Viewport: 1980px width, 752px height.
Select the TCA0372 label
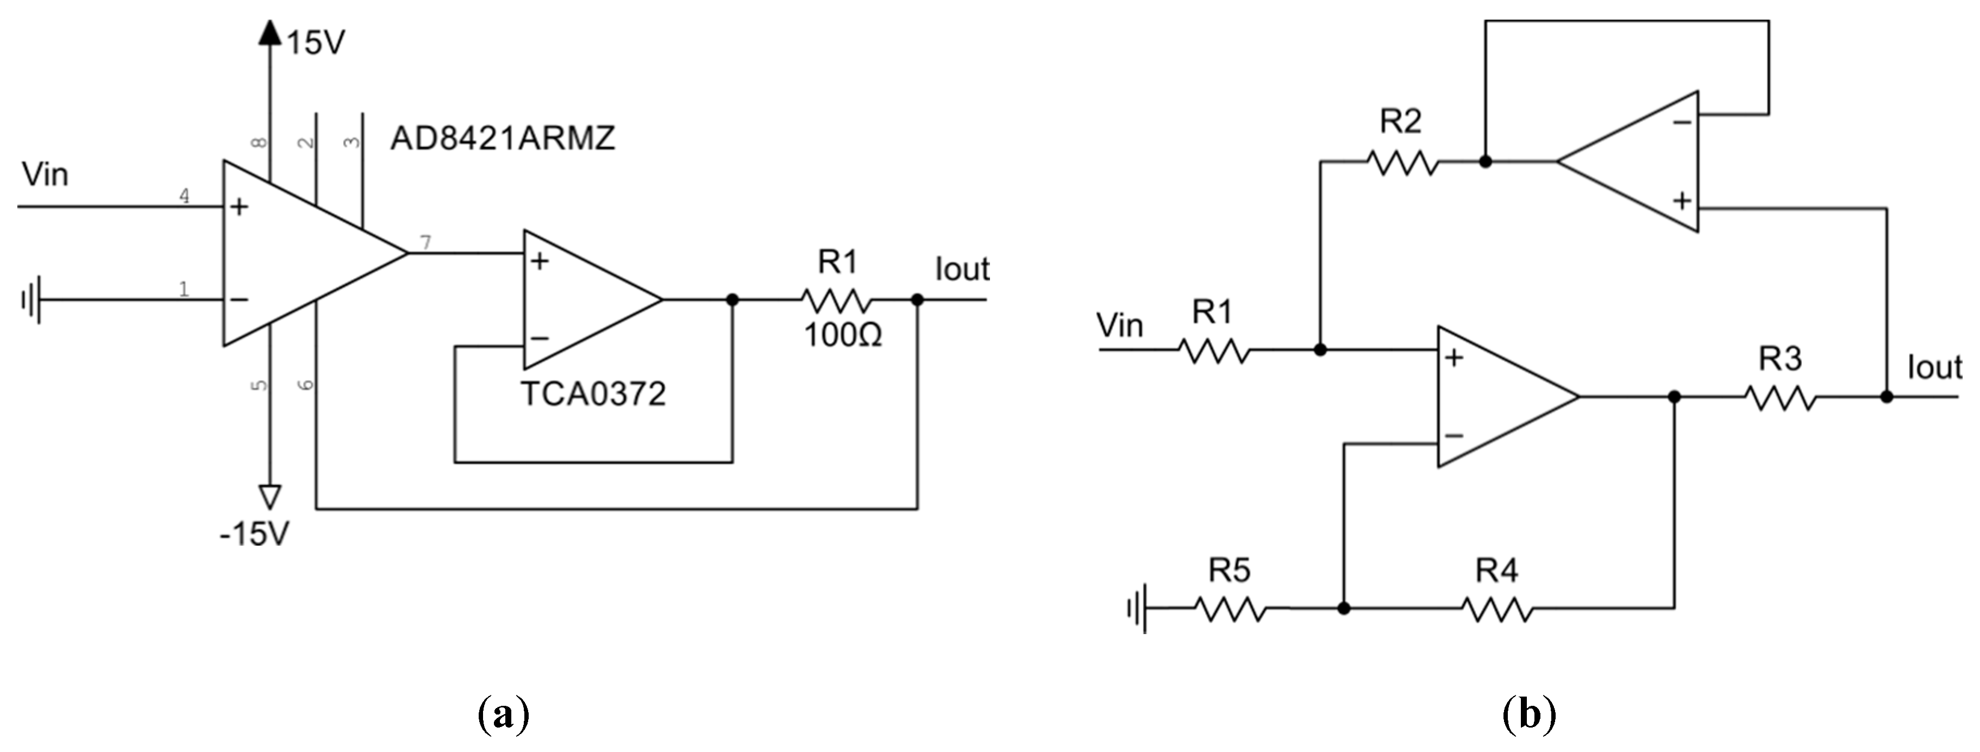tap(593, 394)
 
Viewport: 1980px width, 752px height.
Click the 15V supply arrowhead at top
tap(269, 32)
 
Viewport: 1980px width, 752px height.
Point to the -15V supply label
tap(254, 533)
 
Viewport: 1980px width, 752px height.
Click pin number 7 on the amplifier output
tap(426, 243)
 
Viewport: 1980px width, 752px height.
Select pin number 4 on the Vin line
tap(185, 196)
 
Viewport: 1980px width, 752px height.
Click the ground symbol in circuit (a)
tap(31, 300)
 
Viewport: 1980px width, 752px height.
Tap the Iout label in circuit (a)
tap(962, 269)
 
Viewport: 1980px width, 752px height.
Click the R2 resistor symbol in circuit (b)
tap(1402, 162)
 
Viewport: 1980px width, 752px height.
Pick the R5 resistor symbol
tap(1230, 609)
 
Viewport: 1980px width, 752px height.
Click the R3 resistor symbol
tap(1780, 398)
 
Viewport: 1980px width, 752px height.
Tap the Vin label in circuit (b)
tap(1120, 325)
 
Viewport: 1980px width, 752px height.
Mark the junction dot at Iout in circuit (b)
tap(1886, 397)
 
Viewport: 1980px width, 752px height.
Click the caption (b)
tap(1529, 715)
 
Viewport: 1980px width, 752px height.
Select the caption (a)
tap(504, 715)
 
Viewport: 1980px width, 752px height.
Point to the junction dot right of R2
tap(1486, 162)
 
